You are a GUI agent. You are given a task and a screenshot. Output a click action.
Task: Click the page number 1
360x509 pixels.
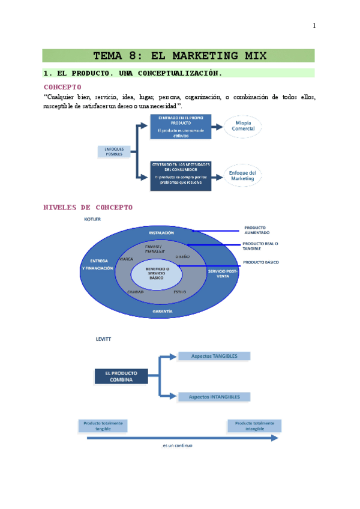[314, 25]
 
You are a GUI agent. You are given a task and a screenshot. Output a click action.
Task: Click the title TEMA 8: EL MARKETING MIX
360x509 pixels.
[178, 56]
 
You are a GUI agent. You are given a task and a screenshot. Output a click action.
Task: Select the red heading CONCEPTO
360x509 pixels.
[62, 86]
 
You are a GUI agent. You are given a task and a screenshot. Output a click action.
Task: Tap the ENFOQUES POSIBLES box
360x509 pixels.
[114, 151]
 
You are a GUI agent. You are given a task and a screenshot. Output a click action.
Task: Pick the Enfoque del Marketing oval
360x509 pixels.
[242, 175]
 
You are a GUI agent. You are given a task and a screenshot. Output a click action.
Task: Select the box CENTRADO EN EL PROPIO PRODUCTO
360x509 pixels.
[181, 126]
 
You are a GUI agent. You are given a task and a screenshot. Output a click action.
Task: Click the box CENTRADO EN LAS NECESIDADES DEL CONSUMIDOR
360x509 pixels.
[181, 175]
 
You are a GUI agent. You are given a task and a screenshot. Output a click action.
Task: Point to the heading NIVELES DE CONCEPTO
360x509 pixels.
[88, 207]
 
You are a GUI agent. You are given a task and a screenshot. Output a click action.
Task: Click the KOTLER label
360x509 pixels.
[92, 219]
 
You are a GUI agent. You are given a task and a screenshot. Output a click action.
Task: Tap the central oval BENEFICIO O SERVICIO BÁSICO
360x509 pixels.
[158, 274]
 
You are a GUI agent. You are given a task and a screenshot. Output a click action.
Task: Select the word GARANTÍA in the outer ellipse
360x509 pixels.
[163, 312]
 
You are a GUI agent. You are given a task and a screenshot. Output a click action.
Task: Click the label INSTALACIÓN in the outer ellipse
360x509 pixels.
[161, 232]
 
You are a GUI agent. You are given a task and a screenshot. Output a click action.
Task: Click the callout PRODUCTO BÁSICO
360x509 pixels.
[260, 262]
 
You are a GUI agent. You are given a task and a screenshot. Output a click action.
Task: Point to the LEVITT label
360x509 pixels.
[103, 339]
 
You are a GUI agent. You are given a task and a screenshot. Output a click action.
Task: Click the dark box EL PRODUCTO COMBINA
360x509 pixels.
[121, 376]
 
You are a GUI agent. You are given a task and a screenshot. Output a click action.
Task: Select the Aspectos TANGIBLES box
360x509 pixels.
[214, 356]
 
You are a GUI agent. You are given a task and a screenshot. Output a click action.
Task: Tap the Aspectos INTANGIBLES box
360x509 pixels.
[214, 397]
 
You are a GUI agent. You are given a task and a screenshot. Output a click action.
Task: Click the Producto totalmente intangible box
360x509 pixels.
[254, 426]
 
